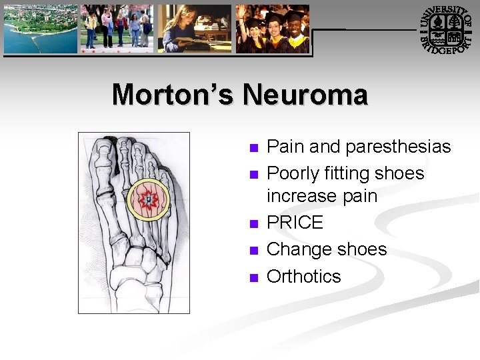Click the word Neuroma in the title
(305, 95)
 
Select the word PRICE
(295, 223)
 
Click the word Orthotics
(303, 276)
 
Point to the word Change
(297, 249)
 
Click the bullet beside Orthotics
(253, 278)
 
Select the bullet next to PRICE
(253, 224)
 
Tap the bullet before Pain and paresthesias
(253, 148)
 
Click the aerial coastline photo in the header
(40, 29)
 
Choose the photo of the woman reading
(194, 29)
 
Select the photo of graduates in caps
(272, 29)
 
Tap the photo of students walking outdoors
(117, 29)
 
